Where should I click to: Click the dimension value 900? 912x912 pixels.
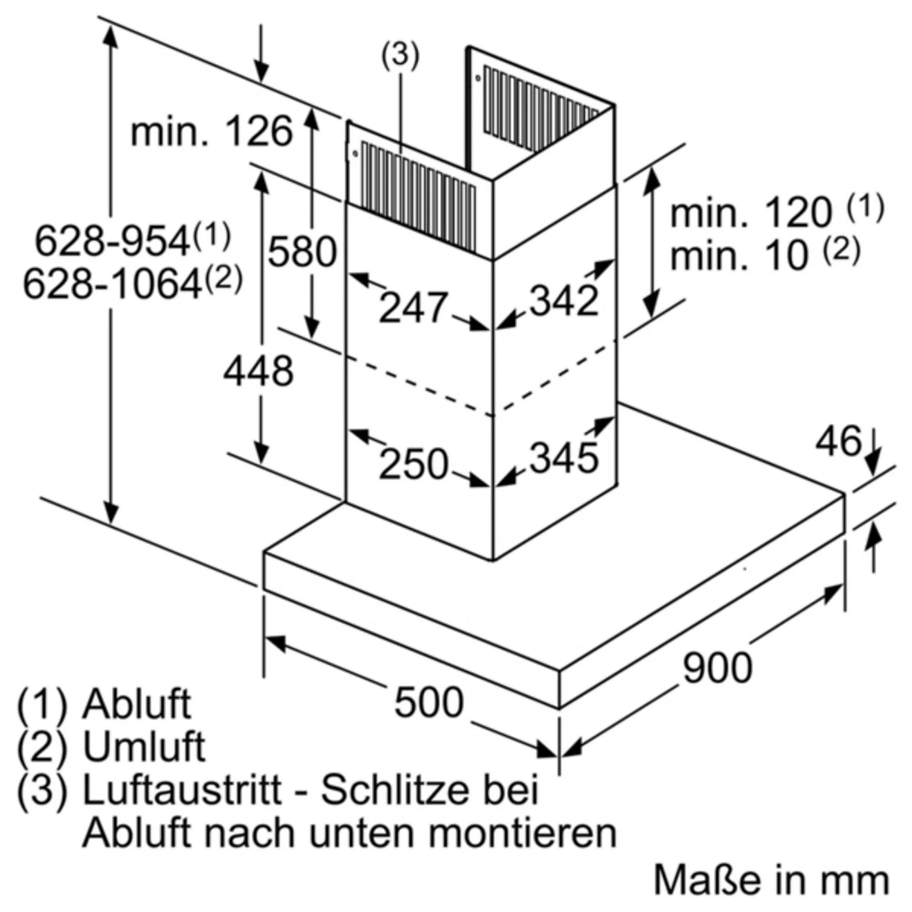(x=717, y=668)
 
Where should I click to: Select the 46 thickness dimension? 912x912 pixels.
(x=838, y=441)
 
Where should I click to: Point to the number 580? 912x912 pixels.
(x=302, y=252)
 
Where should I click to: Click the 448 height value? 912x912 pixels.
(x=258, y=371)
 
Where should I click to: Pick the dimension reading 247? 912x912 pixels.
(x=413, y=307)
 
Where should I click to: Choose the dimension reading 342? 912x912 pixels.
(x=564, y=301)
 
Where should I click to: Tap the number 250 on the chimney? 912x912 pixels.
(x=413, y=464)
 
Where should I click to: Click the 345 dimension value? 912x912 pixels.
(x=564, y=458)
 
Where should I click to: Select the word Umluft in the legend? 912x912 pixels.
(x=144, y=747)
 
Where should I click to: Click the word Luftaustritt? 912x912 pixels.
(x=182, y=789)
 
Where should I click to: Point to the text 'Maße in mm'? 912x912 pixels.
(x=771, y=881)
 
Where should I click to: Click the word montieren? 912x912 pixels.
(x=522, y=832)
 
